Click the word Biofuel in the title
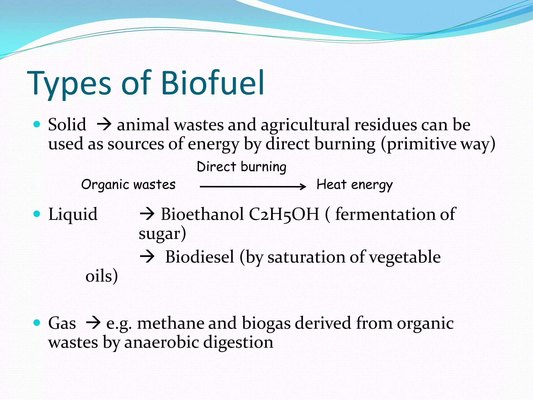tap(213, 83)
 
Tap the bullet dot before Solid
tap(37, 124)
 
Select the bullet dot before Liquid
tap(37, 214)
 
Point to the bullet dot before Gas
tap(37, 323)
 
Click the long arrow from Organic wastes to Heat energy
tap(252, 186)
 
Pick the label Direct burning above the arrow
tap(242, 167)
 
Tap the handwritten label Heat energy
tap(354, 185)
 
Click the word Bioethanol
tap(202, 214)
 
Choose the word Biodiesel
tap(200, 257)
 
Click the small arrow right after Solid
tap(104, 125)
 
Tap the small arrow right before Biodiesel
tap(147, 257)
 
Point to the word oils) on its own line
tap(101, 276)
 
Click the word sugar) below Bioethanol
tap(162, 234)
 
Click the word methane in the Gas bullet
tap(170, 323)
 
